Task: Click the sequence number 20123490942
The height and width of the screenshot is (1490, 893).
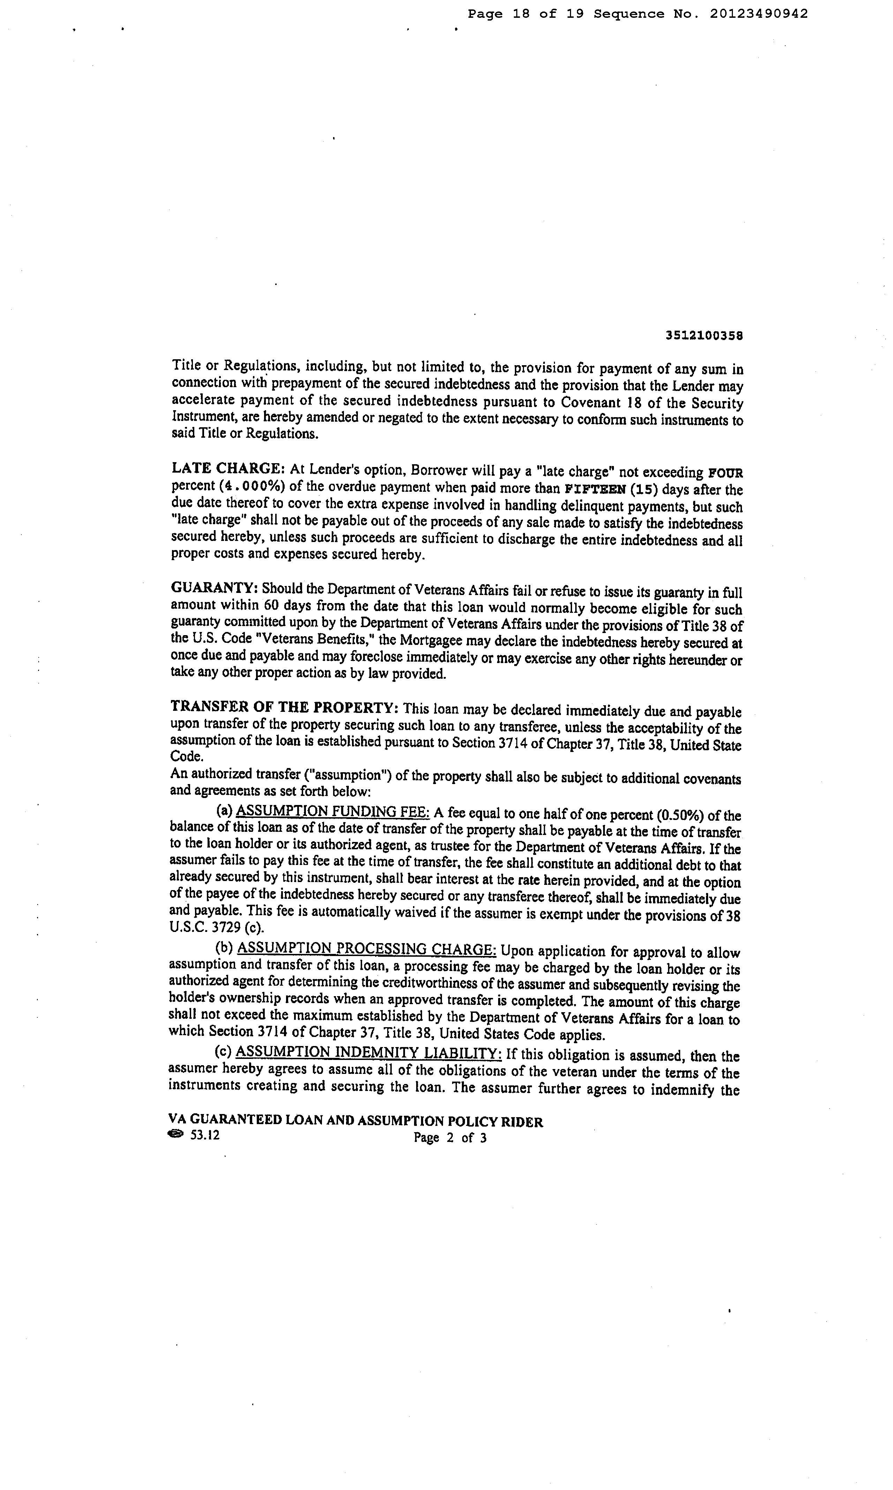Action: click(759, 14)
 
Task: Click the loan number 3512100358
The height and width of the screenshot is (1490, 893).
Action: click(704, 335)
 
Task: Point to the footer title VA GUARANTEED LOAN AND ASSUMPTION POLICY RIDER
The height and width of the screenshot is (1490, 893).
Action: click(356, 1121)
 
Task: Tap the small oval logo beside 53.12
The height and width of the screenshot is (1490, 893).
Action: click(176, 1135)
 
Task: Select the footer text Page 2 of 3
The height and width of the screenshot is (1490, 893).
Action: click(450, 1137)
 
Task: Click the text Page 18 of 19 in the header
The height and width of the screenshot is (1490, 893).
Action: click(526, 14)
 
